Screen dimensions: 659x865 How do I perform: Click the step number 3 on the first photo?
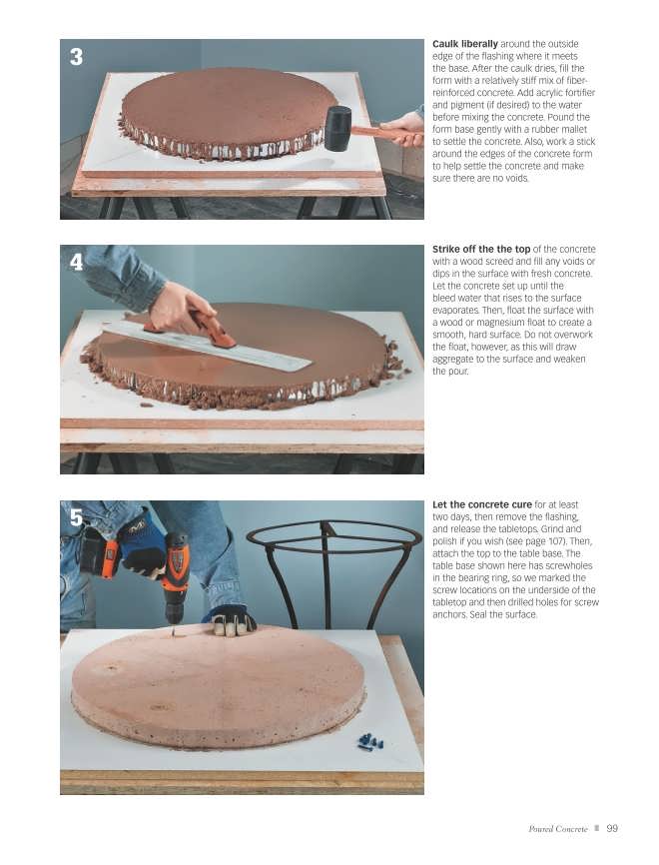(x=76, y=57)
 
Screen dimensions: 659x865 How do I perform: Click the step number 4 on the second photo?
(x=76, y=262)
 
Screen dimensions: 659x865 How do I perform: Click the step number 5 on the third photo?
(x=76, y=518)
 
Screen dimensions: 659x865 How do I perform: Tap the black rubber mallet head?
(x=337, y=128)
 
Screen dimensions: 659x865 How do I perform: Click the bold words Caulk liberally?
(x=465, y=44)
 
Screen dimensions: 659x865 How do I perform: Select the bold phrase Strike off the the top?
(x=481, y=250)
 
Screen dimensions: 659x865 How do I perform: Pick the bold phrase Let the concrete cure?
(x=482, y=504)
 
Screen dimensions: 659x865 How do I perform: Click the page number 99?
(x=612, y=828)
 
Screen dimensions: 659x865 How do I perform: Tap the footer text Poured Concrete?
(x=558, y=829)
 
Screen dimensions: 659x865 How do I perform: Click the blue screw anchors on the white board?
(x=370, y=741)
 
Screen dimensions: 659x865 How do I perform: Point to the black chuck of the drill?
(x=174, y=611)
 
